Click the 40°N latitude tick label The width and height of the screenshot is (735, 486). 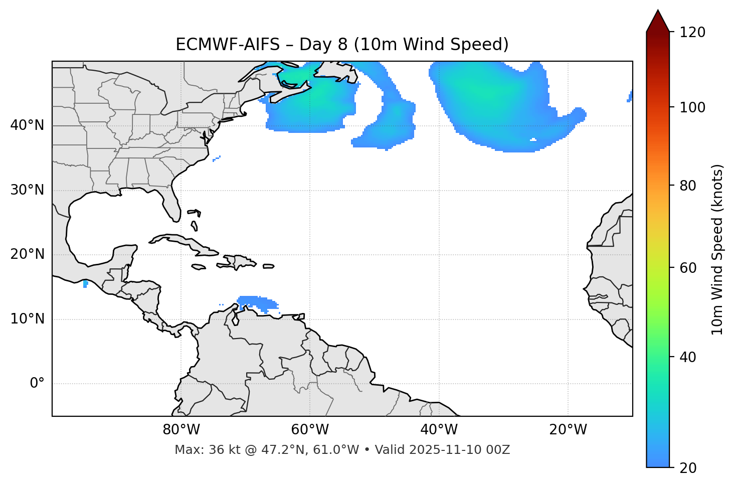(x=27, y=125)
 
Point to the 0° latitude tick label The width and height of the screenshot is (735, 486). (x=37, y=384)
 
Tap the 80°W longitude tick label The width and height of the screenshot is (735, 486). (x=181, y=430)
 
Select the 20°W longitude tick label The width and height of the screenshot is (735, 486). (x=568, y=430)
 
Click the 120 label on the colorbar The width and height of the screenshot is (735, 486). (x=692, y=33)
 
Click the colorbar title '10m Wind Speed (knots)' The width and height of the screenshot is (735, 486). (x=717, y=249)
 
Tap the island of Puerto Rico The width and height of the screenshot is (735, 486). (x=269, y=266)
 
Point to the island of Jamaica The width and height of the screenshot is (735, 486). (x=199, y=267)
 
